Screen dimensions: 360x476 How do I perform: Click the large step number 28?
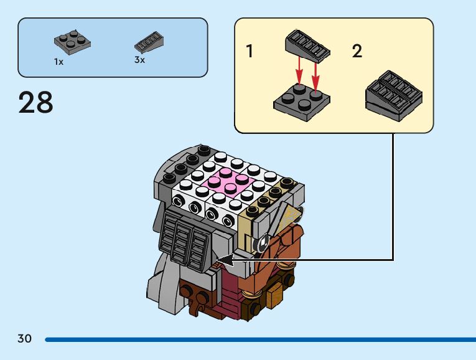click(x=36, y=103)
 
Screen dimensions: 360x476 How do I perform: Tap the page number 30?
click(x=24, y=339)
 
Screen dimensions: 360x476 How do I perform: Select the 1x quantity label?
click(x=58, y=62)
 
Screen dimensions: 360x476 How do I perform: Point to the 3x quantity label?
click(x=139, y=60)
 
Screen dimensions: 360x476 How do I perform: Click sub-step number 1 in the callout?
click(x=250, y=51)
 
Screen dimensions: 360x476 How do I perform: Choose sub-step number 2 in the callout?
click(x=357, y=51)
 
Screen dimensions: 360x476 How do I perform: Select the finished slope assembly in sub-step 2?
click(x=394, y=95)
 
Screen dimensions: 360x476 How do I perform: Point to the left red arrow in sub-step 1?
click(x=299, y=70)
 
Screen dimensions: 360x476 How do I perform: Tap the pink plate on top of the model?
click(x=226, y=182)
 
